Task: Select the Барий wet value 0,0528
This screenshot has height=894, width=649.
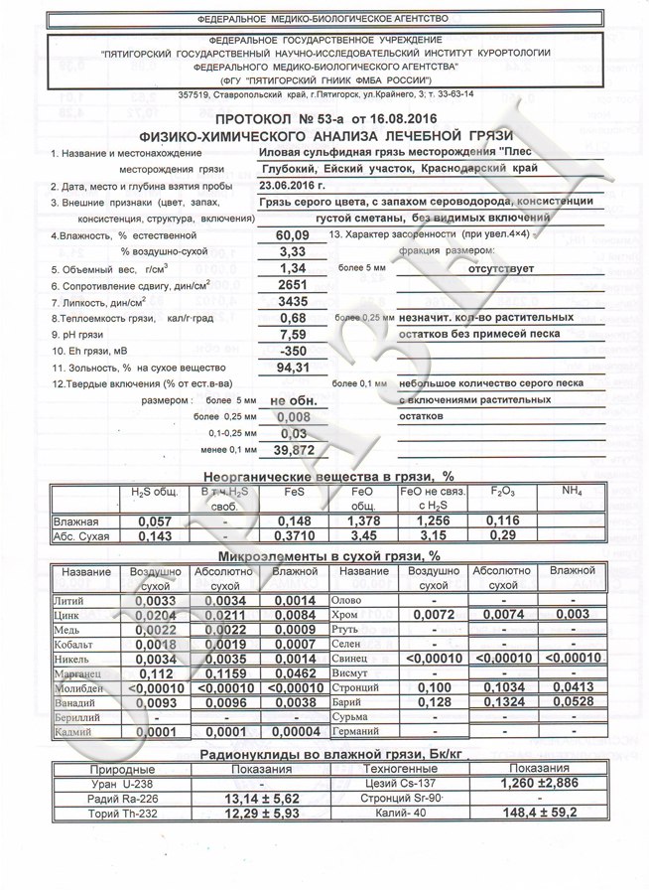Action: click(x=572, y=702)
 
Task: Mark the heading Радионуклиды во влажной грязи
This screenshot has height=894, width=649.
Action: click(x=324, y=754)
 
